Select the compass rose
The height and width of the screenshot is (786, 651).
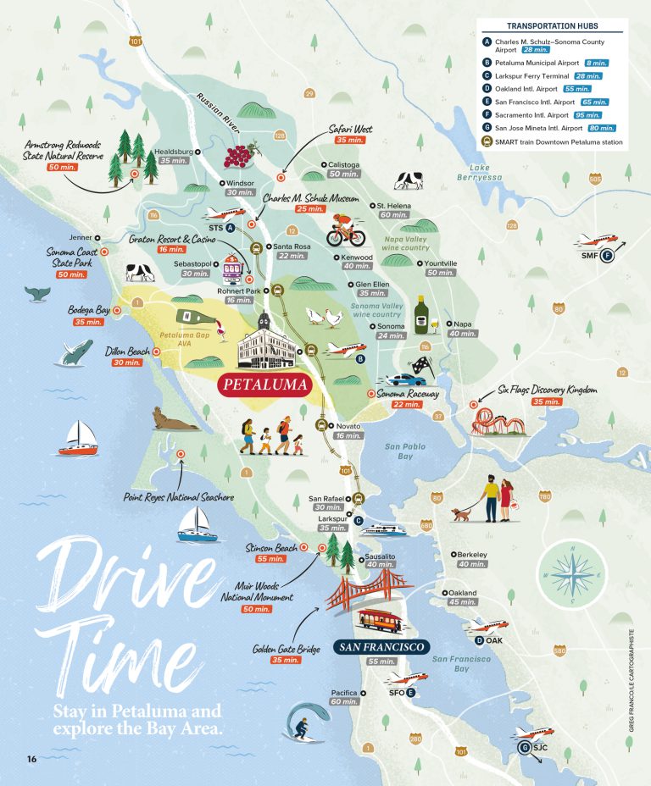pyautogui.click(x=573, y=578)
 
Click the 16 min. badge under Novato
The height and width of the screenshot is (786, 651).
pyautogui.click(x=348, y=435)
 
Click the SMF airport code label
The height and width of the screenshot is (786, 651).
pyautogui.click(x=590, y=255)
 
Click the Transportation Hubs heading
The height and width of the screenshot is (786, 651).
pyautogui.click(x=551, y=26)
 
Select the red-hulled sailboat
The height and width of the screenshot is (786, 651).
pyautogui.click(x=78, y=441)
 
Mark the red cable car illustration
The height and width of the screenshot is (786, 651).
pyautogui.click(x=379, y=621)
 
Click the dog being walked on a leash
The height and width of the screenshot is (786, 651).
pyautogui.click(x=462, y=513)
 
